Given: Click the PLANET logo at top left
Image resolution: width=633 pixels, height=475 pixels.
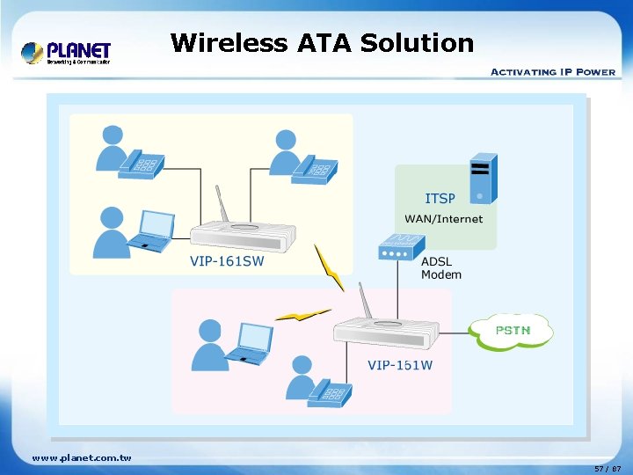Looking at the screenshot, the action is [67, 53].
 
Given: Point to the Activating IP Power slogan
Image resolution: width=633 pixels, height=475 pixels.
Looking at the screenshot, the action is [552, 71].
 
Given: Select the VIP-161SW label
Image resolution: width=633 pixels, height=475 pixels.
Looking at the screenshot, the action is [227, 259].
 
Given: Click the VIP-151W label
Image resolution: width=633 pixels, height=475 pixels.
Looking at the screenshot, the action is [400, 365].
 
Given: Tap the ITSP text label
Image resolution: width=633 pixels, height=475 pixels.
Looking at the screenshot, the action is [440, 199].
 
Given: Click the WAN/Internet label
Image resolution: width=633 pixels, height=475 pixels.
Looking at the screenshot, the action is [443, 219].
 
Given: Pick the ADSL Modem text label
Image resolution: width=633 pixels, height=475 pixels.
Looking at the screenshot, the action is [441, 268].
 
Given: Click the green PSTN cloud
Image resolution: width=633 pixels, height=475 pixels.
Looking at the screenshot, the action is [512, 331].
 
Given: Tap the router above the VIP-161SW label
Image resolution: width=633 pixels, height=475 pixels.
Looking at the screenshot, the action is [238, 233].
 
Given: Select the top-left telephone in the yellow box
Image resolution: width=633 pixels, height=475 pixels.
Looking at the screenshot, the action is [143, 163].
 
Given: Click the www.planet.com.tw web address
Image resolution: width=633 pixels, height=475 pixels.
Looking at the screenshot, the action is [81, 457].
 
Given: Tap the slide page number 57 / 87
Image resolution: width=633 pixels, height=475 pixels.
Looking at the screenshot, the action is [607, 468].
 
